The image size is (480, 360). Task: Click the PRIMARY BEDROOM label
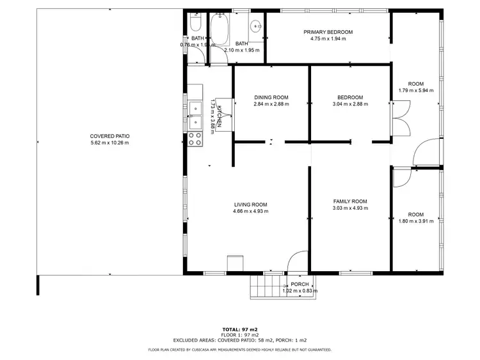[x=328, y=32]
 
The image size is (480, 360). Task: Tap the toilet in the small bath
[x=196, y=25]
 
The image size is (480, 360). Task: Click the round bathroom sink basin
[x=255, y=26]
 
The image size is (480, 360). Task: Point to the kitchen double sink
[x=195, y=115]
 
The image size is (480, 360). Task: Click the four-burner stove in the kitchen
[x=195, y=139]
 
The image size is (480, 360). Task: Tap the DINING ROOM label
[x=271, y=97]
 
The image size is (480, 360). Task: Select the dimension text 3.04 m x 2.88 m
[x=348, y=104]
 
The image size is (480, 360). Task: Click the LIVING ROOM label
[x=250, y=204]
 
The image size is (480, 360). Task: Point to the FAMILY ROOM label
[x=350, y=201]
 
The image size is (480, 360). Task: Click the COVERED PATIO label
[x=109, y=136]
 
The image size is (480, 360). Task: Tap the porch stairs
[x=265, y=286]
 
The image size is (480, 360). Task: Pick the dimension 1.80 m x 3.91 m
[x=416, y=221]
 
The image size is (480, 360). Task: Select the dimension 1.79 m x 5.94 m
[x=416, y=91]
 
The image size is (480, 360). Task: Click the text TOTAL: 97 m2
[x=239, y=329]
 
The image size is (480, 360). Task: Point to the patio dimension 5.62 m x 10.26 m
[x=109, y=143]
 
